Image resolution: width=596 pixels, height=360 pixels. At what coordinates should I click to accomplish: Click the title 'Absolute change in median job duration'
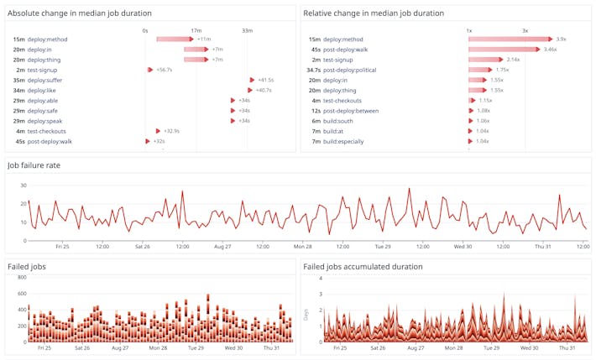[x=80, y=13]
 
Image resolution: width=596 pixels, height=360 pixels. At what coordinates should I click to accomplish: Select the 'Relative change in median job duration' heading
[x=374, y=13]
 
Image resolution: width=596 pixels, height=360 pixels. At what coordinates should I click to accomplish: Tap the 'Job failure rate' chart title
[x=34, y=165]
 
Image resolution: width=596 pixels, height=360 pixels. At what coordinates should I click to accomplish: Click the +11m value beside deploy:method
[x=204, y=39]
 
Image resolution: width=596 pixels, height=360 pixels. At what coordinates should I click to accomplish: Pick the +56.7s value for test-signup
[x=165, y=70]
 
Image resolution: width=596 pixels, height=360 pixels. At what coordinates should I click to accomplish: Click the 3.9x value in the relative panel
[x=562, y=39]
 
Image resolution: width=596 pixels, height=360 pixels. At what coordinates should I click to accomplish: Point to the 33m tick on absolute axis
[x=248, y=30]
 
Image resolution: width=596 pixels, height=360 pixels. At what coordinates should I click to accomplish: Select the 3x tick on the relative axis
[x=525, y=30]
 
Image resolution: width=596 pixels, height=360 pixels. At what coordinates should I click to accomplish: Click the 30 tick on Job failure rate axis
[x=24, y=185]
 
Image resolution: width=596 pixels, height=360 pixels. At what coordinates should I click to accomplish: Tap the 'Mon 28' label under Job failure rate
[x=302, y=247]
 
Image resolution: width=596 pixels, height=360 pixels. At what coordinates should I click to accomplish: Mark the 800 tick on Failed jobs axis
[x=23, y=277]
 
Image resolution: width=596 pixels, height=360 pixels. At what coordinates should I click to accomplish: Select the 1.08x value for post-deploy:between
[x=484, y=111]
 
